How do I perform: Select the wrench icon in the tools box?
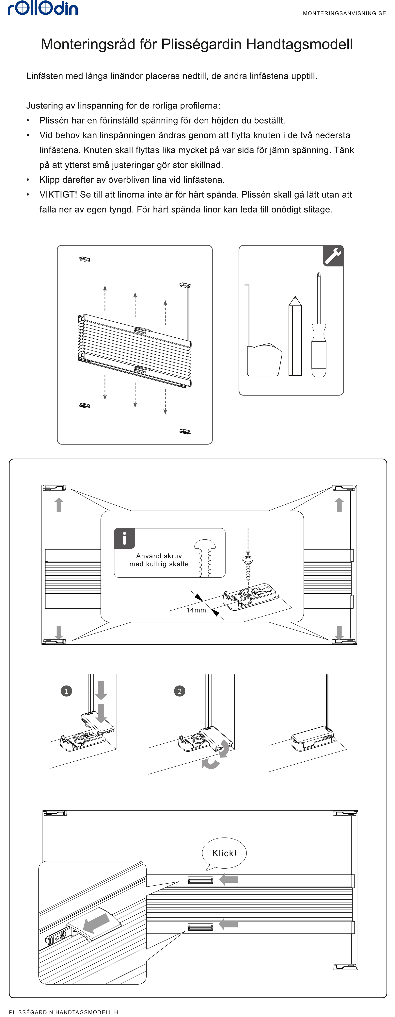coord(333,255)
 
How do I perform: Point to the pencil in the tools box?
coord(295,336)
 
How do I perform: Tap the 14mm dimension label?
coord(196,610)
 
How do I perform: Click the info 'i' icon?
coord(125,538)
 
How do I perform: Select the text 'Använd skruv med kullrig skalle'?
coord(159,560)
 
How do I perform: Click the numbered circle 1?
coord(66,691)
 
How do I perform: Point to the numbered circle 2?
coord(180,691)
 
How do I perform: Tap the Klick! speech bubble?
coord(224,853)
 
